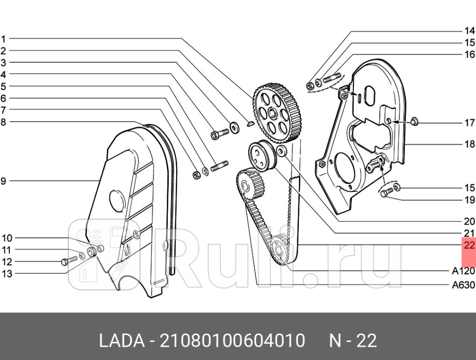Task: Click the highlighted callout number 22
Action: (469, 245)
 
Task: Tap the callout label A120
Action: (463, 271)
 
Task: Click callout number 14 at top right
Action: (469, 31)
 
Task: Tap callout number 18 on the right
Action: (469, 144)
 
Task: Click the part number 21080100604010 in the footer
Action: (233, 340)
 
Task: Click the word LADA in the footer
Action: (120, 340)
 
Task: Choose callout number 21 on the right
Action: (469, 233)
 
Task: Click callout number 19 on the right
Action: (469, 200)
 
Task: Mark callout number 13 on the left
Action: (6, 274)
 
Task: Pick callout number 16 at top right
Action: (469, 54)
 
